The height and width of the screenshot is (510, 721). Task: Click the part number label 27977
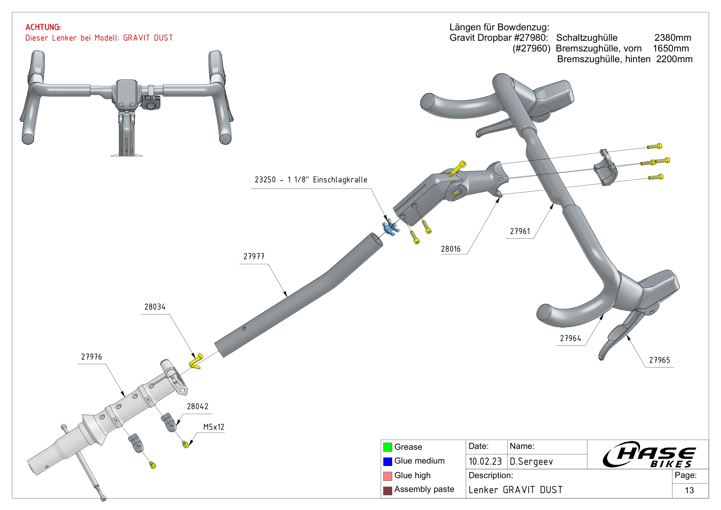pyautogui.click(x=254, y=256)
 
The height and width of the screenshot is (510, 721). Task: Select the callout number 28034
pyautogui.click(x=155, y=307)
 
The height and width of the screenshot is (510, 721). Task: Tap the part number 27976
pyautogui.click(x=91, y=357)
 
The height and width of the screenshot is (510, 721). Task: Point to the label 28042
pyautogui.click(x=198, y=407)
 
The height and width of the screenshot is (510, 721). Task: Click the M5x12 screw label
pyautogui.click(x=214, y=427)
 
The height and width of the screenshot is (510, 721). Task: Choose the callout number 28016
pyautogui.click(x=451, y=249)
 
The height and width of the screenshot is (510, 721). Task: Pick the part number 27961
pyautogui.click(x=520, y=231)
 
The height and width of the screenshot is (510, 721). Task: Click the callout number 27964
pyautogui.click(x=571, y=338)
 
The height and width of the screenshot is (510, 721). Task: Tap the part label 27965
pyautogui.click(x=659, y=360)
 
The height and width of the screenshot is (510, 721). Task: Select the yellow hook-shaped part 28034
pyautogui.click(x=196, y=361)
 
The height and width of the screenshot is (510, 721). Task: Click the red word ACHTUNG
pyautogui.click(x=43, y=27)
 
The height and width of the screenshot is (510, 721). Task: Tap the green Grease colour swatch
pyautogui.click(x=387, y=447)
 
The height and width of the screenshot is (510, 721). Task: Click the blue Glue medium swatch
pyautogui.click(x=387, y=461)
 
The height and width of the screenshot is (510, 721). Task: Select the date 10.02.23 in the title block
pyautogui.click(x=485, y=461)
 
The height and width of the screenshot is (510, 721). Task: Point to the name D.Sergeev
pyautogui.click(x=531, y=462)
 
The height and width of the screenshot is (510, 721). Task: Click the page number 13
pyautogui.click(x=689, y=490)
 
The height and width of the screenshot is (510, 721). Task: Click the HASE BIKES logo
pyautogui.click(x=649, y=454)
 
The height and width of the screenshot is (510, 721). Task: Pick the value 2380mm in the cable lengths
pyautogui.click(x=673, y=38)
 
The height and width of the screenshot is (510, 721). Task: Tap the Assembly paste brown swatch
pyautogui.click(x=387, y=490)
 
